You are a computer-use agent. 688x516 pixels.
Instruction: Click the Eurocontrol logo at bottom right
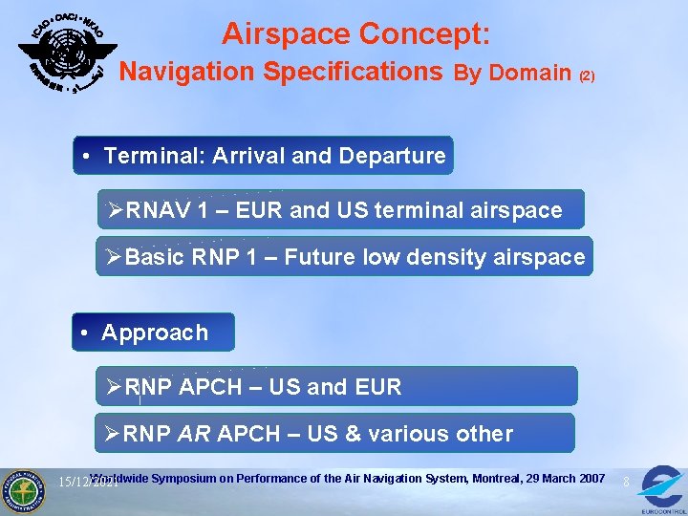point(660,486)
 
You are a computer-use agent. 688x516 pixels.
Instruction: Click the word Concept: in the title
point(425,34)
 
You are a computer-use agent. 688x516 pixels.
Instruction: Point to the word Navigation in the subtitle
point(186,72)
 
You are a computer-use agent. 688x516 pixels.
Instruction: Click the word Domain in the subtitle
point(530,74)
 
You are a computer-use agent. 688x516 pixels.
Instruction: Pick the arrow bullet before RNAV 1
point(115,209)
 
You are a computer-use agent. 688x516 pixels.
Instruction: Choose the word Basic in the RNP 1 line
point(154,257)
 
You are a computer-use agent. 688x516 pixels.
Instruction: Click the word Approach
point(155,333)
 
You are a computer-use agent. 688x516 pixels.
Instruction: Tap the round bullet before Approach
point(86,333)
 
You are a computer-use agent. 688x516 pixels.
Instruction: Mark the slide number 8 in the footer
point(626,483)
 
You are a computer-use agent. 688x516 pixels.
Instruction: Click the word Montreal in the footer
point(489,478)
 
